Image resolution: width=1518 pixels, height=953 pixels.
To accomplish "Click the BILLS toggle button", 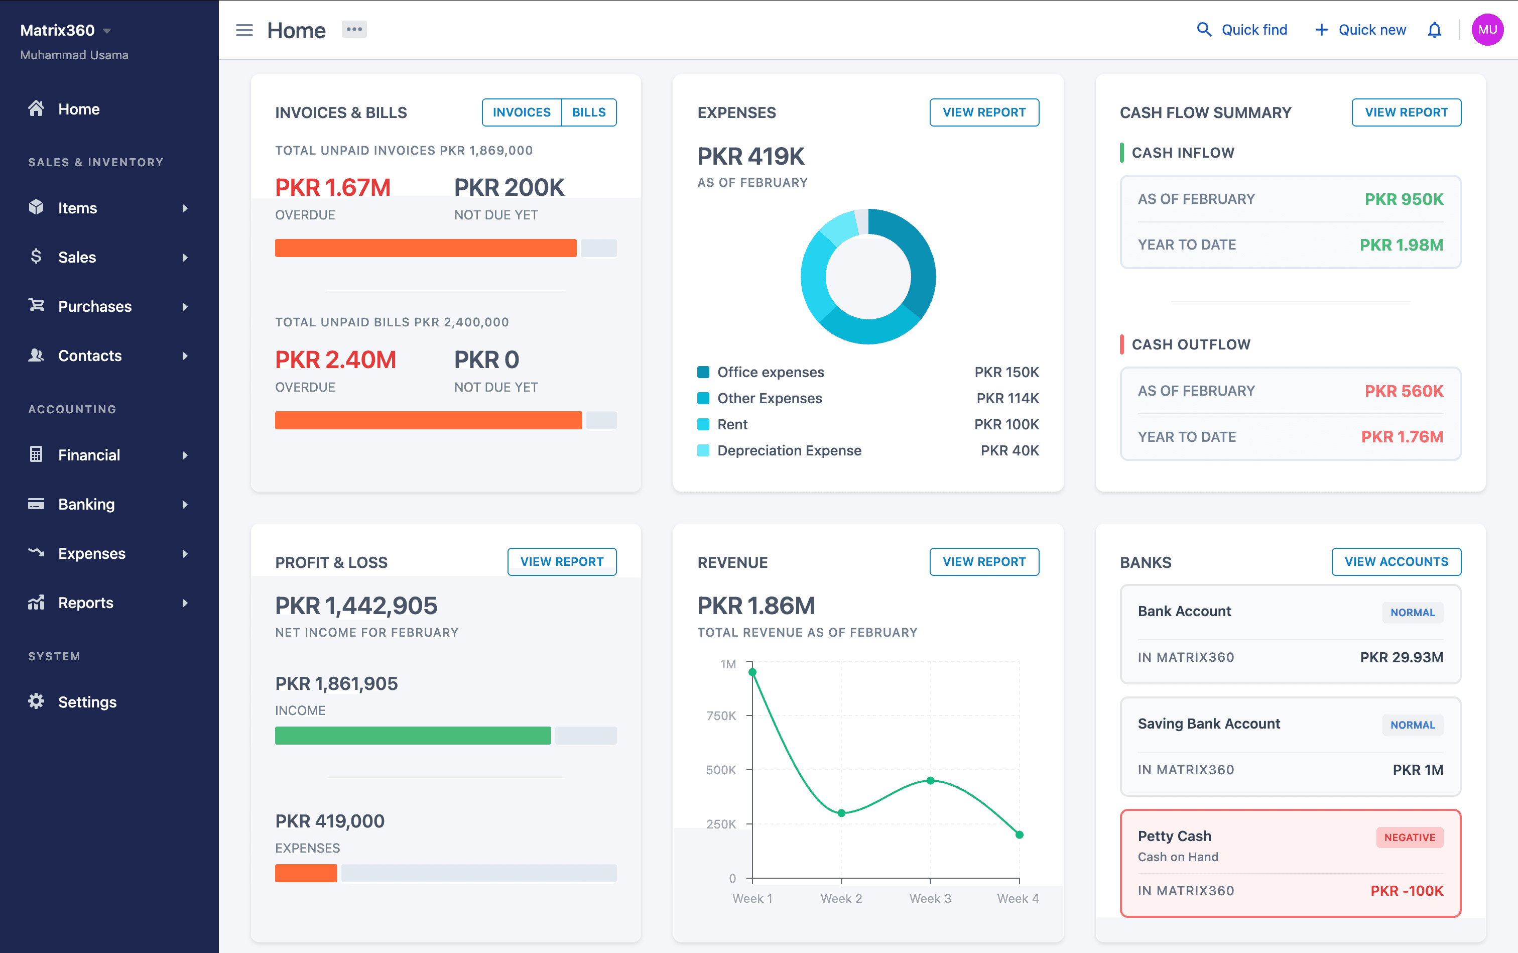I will pyautogui.click(x=588, y=112).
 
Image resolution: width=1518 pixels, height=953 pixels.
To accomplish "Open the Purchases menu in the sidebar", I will pyautogui.click(x=94, y=306).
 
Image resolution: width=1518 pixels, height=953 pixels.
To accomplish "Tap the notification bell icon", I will pyautogui.click(x=1434, y=30).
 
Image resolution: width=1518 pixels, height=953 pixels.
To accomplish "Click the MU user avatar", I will pyautogui.click(x=1487, y=30).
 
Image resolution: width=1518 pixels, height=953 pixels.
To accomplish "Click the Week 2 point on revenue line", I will pyautogui.click(x=841, y=813).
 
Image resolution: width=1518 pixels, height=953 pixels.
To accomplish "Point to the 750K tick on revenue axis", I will pyautogui.click(x=721, y=716).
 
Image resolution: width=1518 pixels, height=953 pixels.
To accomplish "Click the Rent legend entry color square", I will pyautogui.click(x=703, y=424).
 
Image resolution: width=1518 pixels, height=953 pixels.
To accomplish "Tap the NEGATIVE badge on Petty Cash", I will pyautogui.click(x=1410, y=837).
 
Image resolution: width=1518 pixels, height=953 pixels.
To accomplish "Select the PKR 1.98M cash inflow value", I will pyautogui.click(x=1401, y=245).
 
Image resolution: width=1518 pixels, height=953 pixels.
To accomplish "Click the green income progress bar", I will pyautogui.click(x=413, y=736).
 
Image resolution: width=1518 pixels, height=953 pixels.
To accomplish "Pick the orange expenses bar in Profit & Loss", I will pyautogui.click(x=306, y=873).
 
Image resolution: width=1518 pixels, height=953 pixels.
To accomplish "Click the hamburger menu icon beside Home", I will pyautogui.click(x=244, y=30).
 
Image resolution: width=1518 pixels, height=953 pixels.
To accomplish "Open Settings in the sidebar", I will pyautogui.click(x=87, y=701).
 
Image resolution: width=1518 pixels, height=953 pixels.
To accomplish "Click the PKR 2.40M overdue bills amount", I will pyautogui.click(x=335, y=360).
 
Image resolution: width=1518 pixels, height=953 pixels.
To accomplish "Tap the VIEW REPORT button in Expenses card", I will pyautogui.click(x=984, y=112).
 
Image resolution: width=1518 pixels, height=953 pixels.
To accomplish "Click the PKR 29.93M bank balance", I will pyautogui.click(x=1401, y=657).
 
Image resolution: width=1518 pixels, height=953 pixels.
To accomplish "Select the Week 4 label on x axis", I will pyautogui.click(x=1018, y=898).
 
